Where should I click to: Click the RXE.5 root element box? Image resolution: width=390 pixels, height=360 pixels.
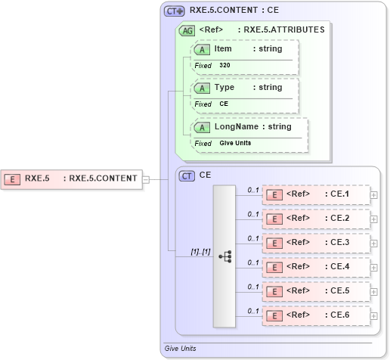[72, 179]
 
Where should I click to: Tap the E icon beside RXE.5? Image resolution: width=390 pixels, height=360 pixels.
[12, 179]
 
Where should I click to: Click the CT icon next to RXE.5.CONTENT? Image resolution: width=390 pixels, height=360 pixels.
[175, 11]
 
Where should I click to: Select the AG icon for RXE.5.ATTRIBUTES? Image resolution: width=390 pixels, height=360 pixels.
[186, 31]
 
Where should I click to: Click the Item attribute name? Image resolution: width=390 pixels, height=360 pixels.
[223, 48]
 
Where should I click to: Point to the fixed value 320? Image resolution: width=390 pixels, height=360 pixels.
[225, 66]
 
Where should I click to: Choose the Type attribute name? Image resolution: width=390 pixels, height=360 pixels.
[224, 88]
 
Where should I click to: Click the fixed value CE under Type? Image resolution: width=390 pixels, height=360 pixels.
[224, 104]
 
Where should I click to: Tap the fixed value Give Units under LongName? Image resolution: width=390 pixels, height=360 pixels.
[236, 143]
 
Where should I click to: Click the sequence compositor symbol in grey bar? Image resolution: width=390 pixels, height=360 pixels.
[225, 256]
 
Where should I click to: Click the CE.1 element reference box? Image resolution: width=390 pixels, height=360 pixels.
[316, 194]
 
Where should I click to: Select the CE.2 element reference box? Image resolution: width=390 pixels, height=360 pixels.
[316, 219]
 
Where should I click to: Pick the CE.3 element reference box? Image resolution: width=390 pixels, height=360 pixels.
[316, 243]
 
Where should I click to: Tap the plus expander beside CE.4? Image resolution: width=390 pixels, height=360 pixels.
[374, 267]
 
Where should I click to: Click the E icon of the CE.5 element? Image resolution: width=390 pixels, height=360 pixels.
[275, 291]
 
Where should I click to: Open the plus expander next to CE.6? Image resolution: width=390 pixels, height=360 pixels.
[374, 315]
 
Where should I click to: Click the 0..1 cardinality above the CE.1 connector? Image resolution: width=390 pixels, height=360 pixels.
[253, 189]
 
